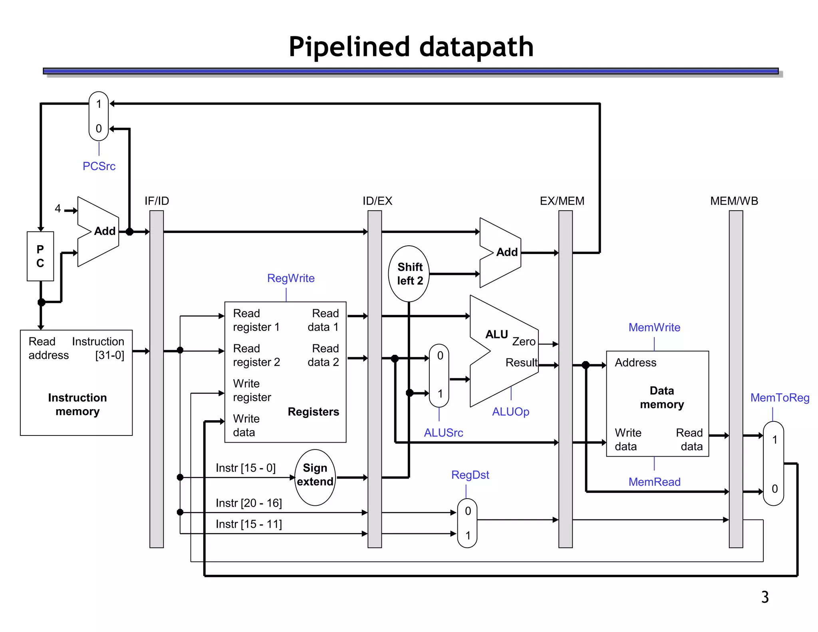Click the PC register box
tap(40, 256)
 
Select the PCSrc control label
tap(99, 166)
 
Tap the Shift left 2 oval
tap(409, 274)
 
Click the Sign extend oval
tap(315, 477)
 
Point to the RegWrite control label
tap(291, 278)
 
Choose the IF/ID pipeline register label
tap(157, 201)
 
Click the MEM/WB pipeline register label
tap(734, 201)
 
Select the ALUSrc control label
tap(443, 433)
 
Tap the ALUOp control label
tap(510, 411)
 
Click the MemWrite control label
tap(654, 328)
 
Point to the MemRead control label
tap(654, 482)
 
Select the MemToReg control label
tap(780, 398)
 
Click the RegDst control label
tap(470, 475)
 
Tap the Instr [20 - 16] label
tap(249, 503)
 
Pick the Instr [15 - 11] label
tap(249, 524)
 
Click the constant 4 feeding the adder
tap(58, 209)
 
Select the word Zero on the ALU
tap(524, 342)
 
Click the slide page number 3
tap(765, 597)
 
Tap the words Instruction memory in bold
tap(77, 404)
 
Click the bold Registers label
tap(313, 412)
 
